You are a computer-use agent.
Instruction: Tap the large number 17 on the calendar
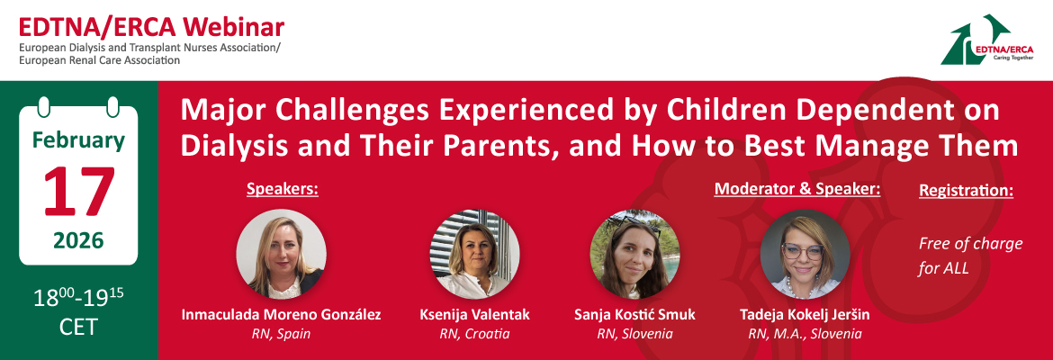(x=78, y=192)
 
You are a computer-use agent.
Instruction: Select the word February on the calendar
(x=78, y=141)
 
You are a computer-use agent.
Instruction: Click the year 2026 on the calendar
(x=78, y=239)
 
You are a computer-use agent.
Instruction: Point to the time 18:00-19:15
(x=78, y=297)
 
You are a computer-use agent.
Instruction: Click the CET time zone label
(x=78, y=327)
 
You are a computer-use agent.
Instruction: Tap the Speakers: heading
(x=282, y=190)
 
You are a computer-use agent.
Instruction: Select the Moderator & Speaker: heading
(x=797, y=189)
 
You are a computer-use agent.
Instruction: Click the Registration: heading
(x=966, y=191)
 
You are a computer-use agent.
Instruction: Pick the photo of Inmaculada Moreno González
(x=282, y=254)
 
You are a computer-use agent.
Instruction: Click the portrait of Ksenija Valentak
(x=475, y=254)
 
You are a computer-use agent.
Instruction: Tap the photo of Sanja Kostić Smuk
(x=634, y=254)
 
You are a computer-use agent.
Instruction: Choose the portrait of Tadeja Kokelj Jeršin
(x=805, y=254)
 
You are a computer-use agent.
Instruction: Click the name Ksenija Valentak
(x=475, y=315)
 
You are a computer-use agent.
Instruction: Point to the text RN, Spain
(x=282, y=334)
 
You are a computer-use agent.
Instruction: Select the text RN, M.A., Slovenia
(x=805, y=334)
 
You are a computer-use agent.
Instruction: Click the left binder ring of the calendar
(x=44, y=107)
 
